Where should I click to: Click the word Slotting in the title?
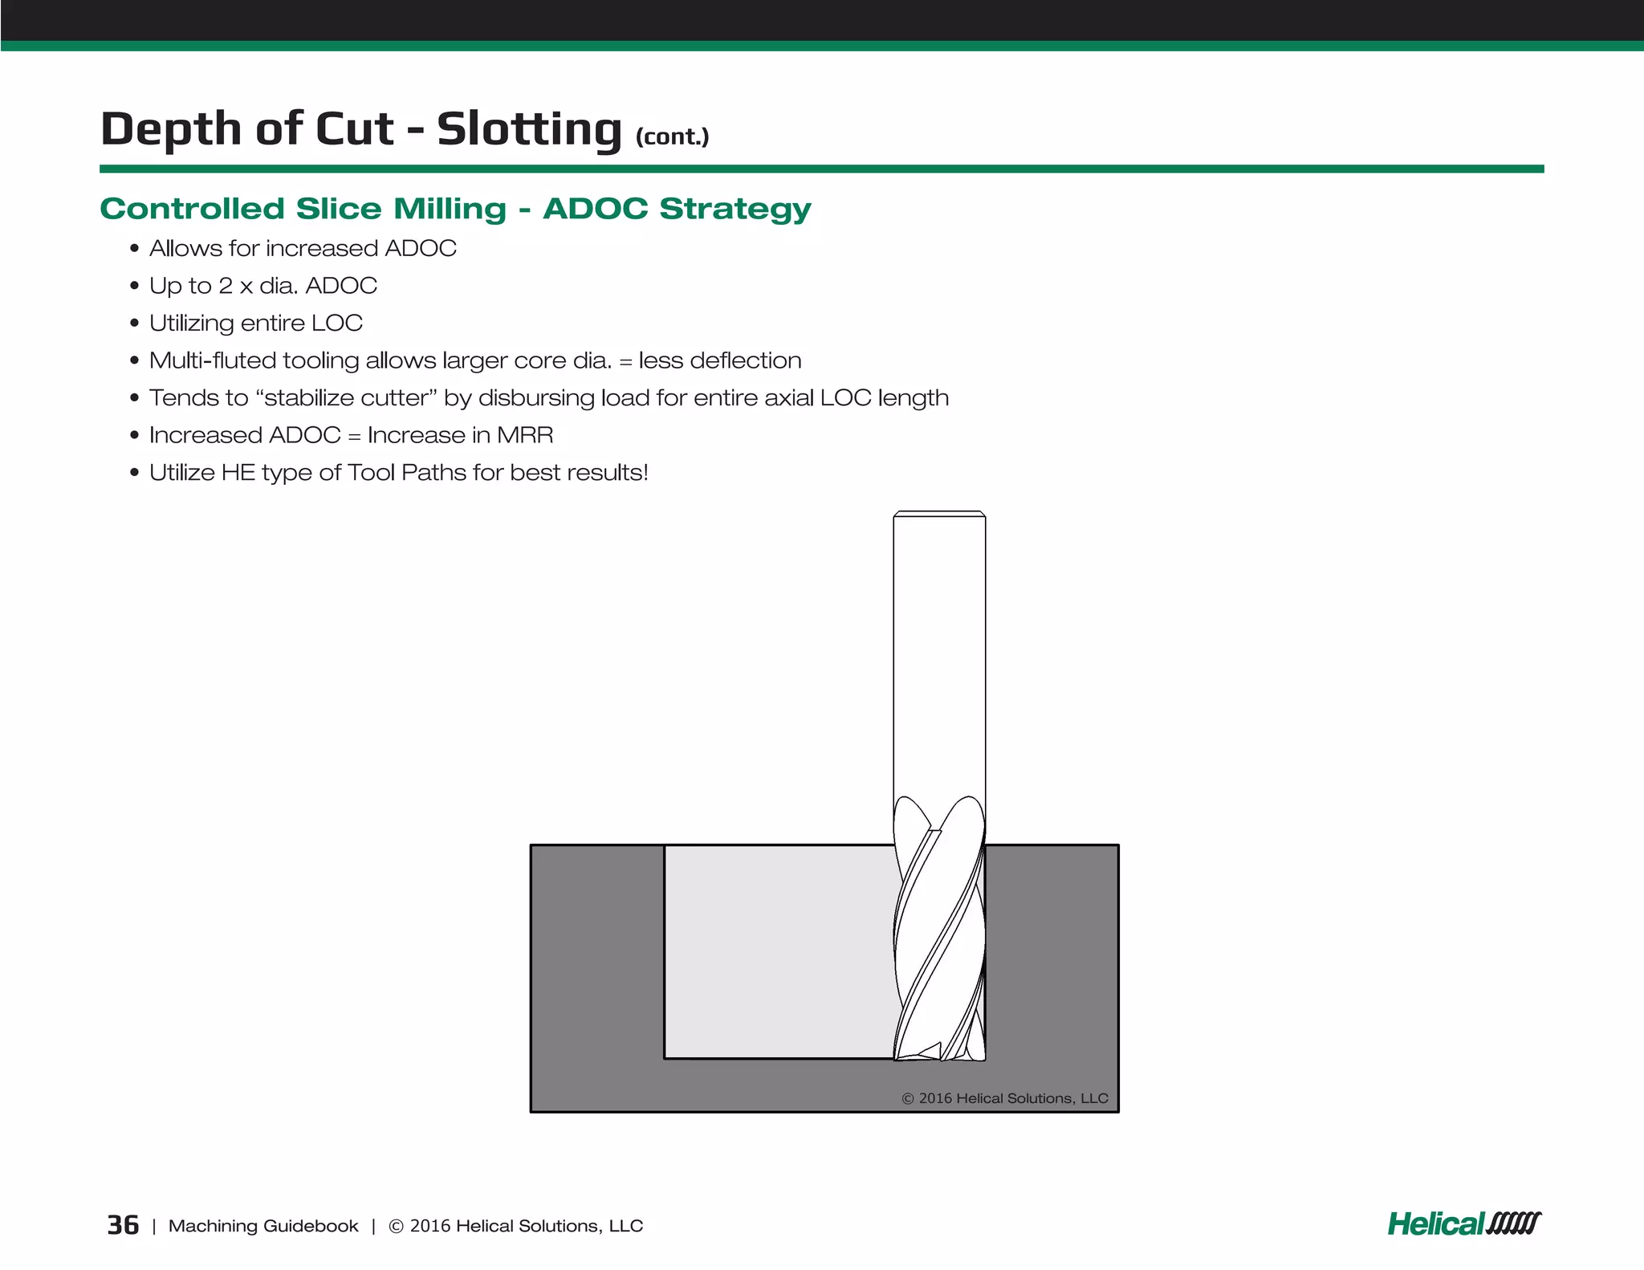tap(529, 129)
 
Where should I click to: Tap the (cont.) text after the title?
tap(672, 136)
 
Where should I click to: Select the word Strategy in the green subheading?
tap(735, 209)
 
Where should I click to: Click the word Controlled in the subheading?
tap(192, 209)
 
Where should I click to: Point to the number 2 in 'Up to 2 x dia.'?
tap(226, 286)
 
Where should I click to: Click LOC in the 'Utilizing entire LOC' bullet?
tap(337, 324)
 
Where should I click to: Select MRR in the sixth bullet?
tap(525, 435)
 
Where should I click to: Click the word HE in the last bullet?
tap(238, 473)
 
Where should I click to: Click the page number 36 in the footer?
tap(123, 1225)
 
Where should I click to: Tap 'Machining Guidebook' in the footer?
tap(263, 1226)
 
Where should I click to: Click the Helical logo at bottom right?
tap(1463, 1223)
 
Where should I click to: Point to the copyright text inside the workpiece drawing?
tap(1004, 1098)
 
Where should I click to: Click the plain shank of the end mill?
tap(939, 658)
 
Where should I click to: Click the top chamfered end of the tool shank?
tap(939, 514)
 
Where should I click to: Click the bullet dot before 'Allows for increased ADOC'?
tap(134, 250)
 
